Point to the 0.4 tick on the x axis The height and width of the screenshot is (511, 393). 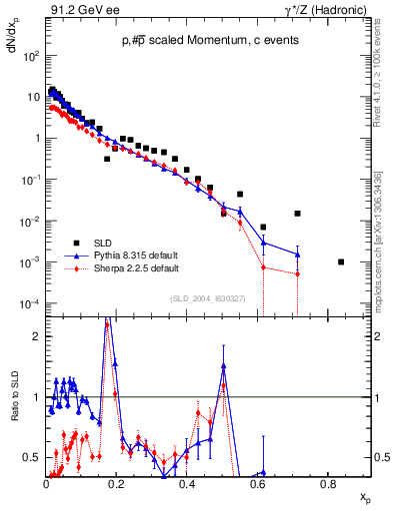coord(187,482)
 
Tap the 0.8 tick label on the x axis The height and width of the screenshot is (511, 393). coord(327,482)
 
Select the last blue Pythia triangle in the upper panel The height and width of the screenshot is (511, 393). coord(297,255)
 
